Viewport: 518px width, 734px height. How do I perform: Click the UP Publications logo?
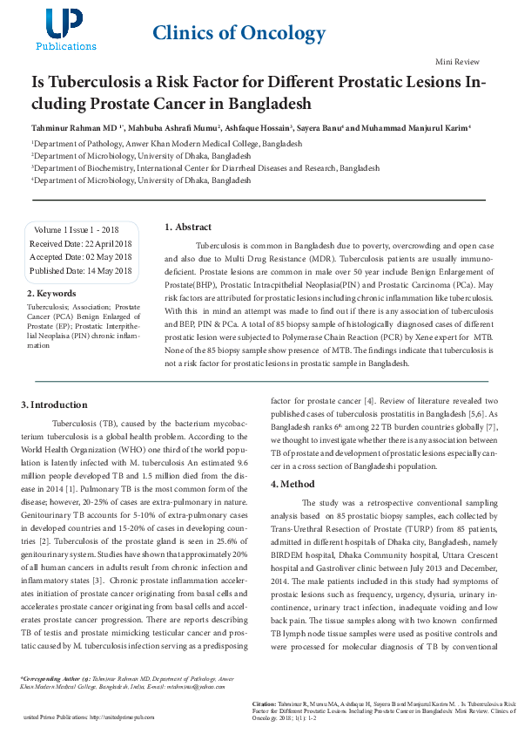tap(66, 29)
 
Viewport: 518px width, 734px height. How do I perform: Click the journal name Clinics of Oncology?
tap(239, 33)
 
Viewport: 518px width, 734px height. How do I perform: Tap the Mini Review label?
tap(457, 63)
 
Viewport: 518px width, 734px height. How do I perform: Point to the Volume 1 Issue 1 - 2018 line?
tap(77, 229)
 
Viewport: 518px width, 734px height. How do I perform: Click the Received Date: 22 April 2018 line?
tap(80, 243)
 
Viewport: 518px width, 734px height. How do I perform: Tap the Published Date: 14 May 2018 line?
tap(80, 271)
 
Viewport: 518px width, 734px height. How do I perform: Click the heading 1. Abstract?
tap(188, 228)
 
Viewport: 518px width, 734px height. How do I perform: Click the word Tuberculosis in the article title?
tap(91, 83)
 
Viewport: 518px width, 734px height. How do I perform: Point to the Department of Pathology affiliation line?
tap(167, 143)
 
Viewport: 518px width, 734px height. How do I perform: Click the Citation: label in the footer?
tap(265, 701)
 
